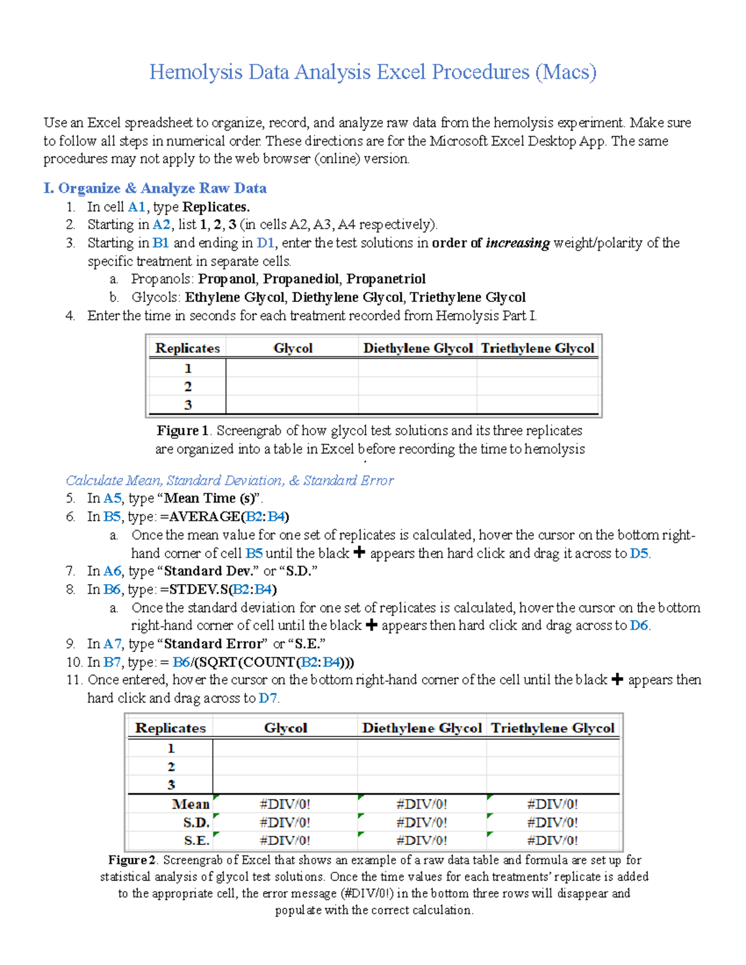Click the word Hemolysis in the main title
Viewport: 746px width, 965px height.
(x=195, y=72)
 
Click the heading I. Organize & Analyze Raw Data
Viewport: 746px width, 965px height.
(x=155, y=188)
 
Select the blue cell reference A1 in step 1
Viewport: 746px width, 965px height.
(x=136, y=207)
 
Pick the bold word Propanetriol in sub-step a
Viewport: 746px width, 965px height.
(x=386, y=279)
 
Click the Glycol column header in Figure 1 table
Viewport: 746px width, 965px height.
(x=293, y=348)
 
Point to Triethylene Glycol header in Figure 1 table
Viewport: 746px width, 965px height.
(x=537, y=348)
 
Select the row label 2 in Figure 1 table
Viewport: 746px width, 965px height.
(x=188, y=386)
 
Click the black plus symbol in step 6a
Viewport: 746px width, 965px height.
(x=359, y=552)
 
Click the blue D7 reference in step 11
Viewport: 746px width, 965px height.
(x=267, y=698)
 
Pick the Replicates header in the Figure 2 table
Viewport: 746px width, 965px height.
(x=170, y=728)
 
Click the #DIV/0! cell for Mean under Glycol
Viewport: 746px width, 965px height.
(x=285, y=804)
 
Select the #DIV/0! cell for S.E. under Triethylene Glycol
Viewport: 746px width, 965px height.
(x=552, y=841)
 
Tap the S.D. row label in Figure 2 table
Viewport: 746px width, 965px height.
(x=196, y=823)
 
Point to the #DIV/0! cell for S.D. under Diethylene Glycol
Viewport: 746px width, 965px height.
(x=421, y=823)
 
